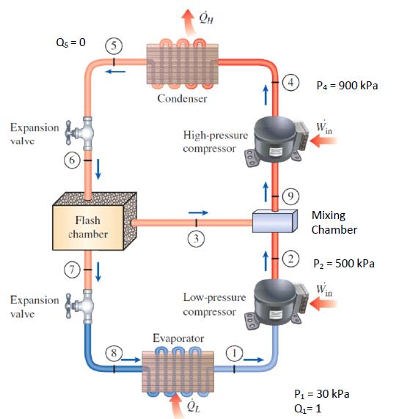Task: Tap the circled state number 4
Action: tap(292, 82)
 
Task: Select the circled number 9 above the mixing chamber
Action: tap(291, 196)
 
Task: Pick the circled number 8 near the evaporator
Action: tap(114, 352)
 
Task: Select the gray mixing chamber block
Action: tap(274, 222)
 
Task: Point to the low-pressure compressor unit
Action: tap(277, 298)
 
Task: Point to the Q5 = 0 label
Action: tap(71, 42)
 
